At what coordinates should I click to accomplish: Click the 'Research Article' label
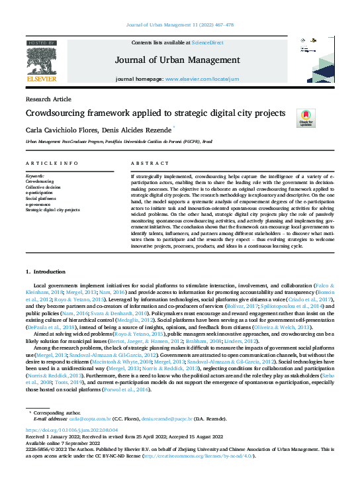(x=48, y=99)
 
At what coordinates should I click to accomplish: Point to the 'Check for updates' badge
(x=306, y=119)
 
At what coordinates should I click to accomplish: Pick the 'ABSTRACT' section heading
(x=146, y=163)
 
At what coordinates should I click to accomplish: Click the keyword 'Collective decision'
(x=43, y=187)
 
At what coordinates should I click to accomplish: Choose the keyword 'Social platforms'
(x=40, y=198)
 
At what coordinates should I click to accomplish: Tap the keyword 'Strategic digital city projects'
(x=52, y=209)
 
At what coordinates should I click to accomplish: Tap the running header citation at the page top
(x=180, y=25)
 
